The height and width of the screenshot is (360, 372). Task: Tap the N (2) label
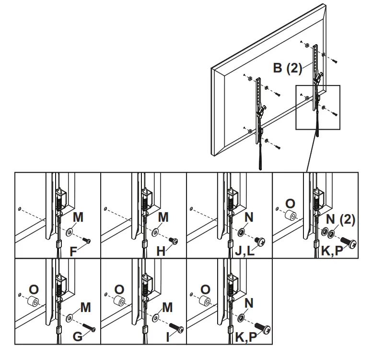click(341, 220)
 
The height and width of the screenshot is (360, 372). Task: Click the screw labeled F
click(87, 240)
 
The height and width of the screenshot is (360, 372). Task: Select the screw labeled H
click(174, 240)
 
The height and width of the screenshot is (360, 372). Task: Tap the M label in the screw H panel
click(163, 217)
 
